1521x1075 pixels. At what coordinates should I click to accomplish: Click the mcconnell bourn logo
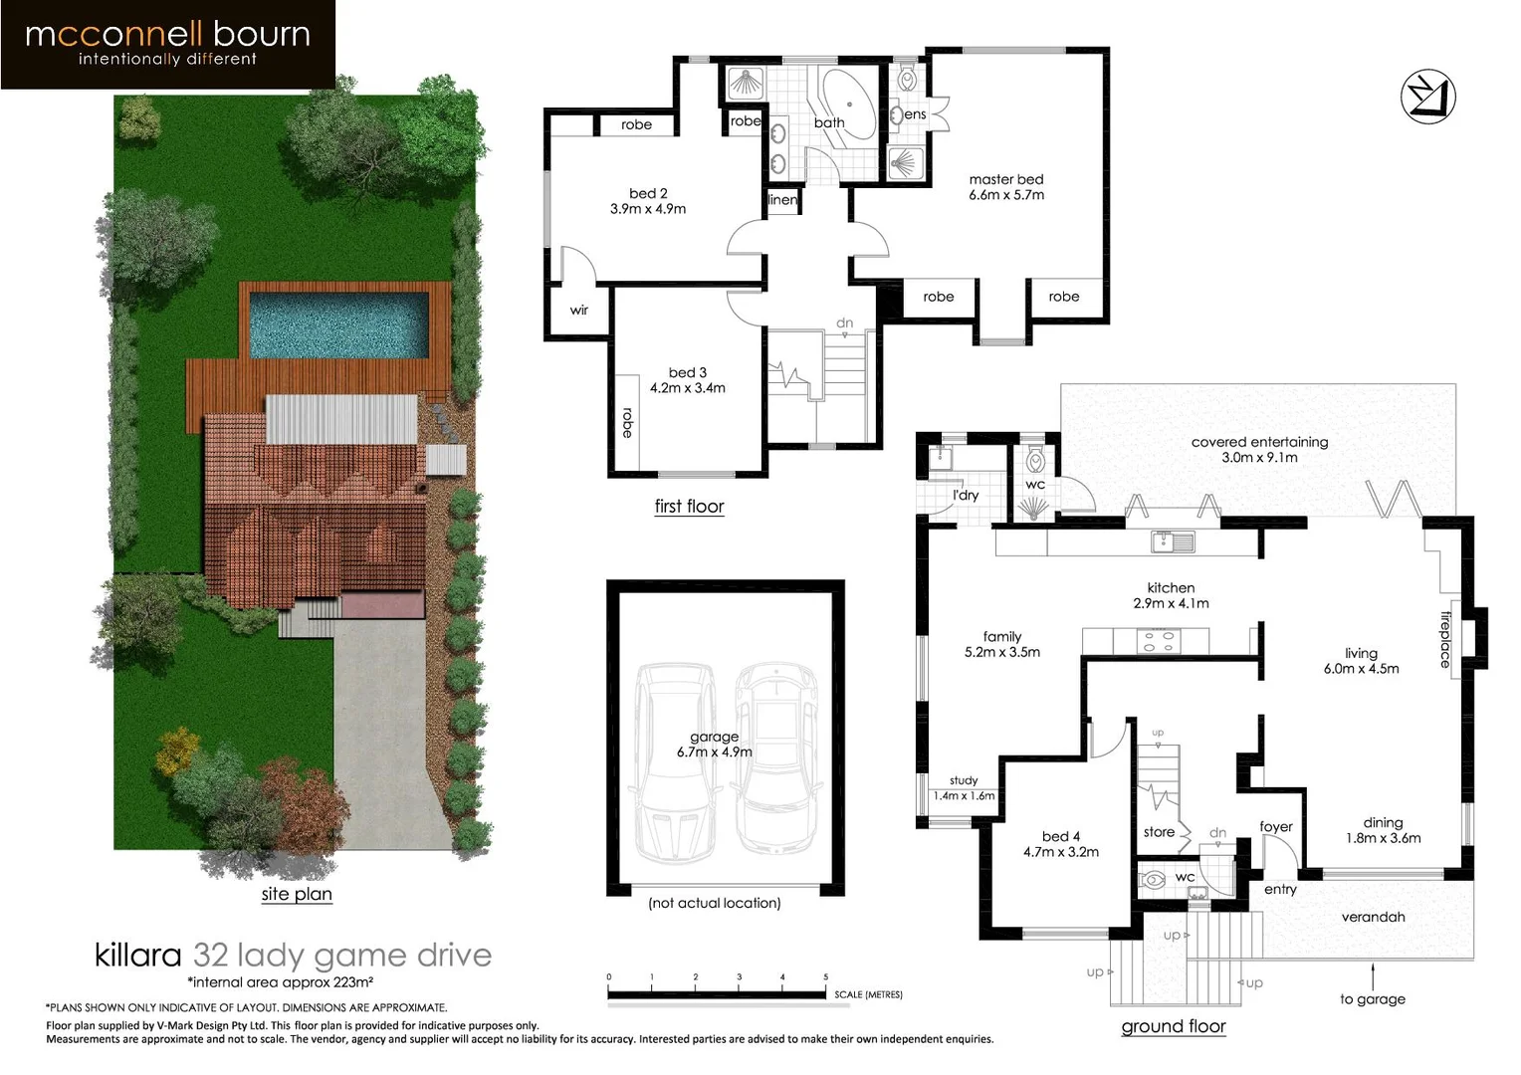167,44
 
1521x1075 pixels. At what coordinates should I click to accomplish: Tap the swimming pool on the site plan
338,324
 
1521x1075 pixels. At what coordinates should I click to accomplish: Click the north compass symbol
1427,98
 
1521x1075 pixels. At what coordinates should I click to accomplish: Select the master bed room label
1005,180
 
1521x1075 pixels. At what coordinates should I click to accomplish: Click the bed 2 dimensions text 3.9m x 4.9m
648,209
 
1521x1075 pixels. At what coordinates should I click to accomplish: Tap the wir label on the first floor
579,310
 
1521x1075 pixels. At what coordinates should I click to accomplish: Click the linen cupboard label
783,200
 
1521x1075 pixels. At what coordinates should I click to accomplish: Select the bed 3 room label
687,372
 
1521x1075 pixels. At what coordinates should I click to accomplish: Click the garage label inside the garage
714,737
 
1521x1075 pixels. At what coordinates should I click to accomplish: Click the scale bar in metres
717,993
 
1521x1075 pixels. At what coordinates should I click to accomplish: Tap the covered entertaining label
1259,442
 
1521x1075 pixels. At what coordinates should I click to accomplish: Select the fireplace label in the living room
1444,639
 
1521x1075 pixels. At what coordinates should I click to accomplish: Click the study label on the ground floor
964,780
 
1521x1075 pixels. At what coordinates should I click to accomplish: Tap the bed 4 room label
1060,836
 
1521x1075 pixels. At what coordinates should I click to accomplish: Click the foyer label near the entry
1275,826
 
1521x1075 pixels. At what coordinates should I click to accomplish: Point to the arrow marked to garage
1373,976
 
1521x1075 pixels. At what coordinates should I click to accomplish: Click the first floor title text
689,506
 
